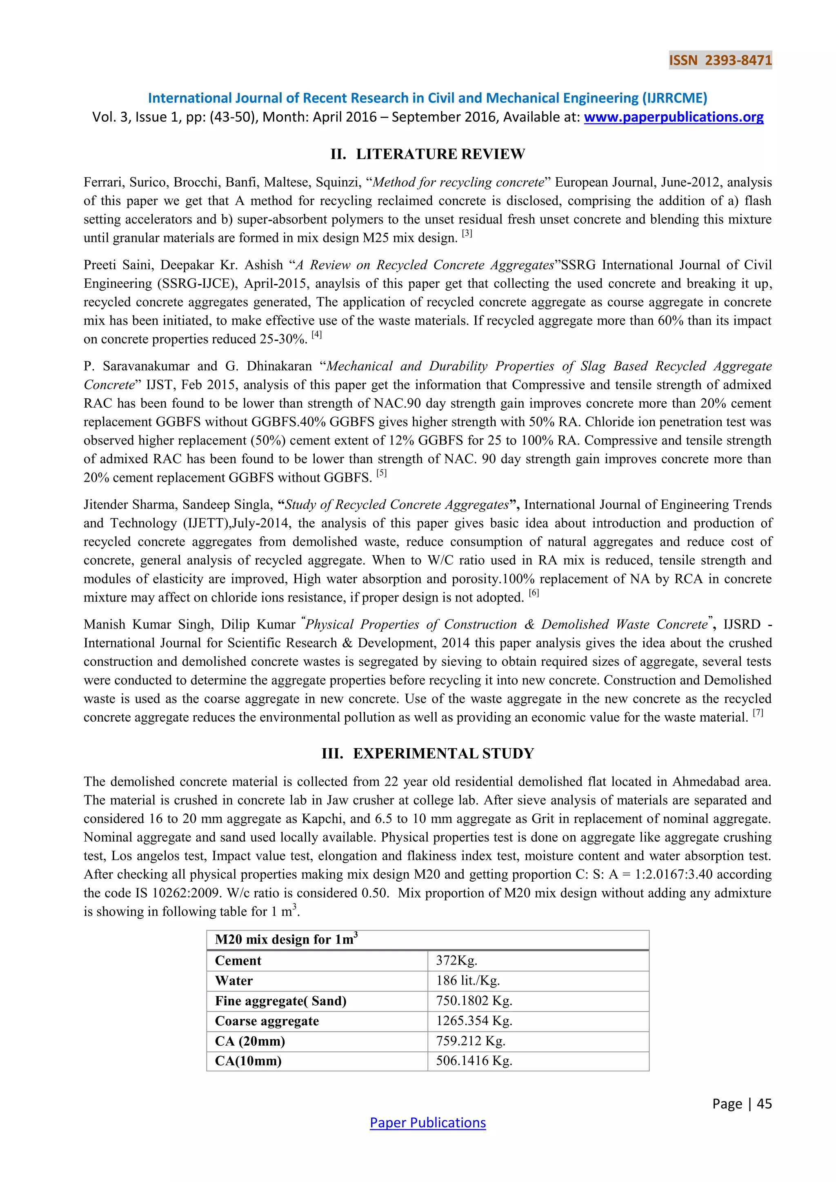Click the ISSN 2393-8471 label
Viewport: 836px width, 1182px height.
pyautogui.click(x=720, y=60)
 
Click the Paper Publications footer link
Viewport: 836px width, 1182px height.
pyautogui.click(x=427, y=1122)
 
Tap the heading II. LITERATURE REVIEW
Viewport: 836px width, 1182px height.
pyautogui.click(x=427, y=154)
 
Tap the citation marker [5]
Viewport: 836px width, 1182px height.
pyautogui.click(x=381, y=473)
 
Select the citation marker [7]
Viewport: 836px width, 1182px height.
pyautogui.click(x=758, y=713)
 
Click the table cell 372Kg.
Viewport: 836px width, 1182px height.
pyautogui.click(x=457, y=961)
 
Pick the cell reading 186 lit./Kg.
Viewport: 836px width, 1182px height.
pyautogui.click(x=468, y=981)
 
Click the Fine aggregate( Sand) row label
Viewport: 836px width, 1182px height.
pyautogui.click(x=280, y=1001)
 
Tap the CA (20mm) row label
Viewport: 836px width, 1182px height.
pyautogui.click(x=250, y=1041)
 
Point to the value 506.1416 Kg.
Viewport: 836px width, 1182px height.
pyautogui.click(x=474, y=1061)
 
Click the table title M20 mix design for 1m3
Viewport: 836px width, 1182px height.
pyautogui.click(x=286, y=940)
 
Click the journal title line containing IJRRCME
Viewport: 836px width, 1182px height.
pyautogui.click(x=427, y=98)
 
